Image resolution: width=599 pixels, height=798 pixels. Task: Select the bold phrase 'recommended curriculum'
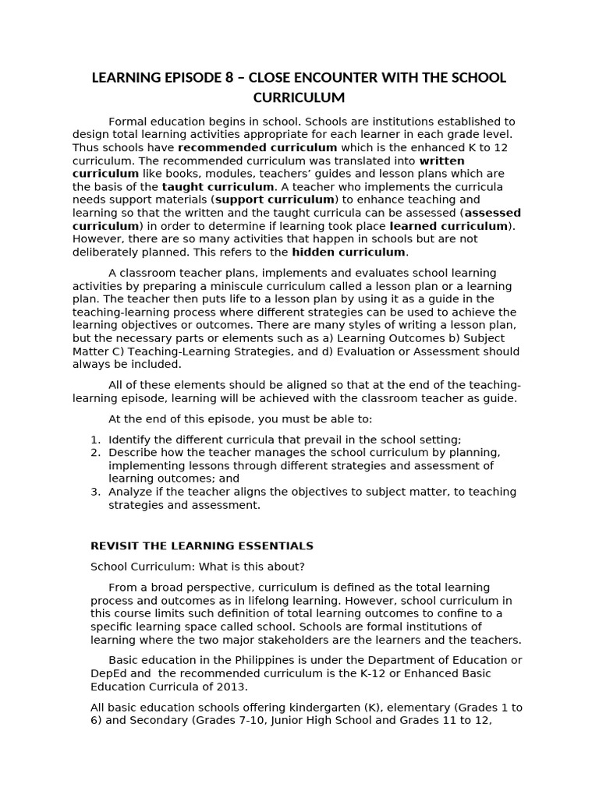pyautogui.click(x=257, y=147)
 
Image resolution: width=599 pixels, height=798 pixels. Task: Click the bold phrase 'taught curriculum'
pyautogui.click(x=218, y=187)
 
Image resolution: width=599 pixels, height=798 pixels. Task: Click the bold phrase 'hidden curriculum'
pyautogui.click(x=349, y=252)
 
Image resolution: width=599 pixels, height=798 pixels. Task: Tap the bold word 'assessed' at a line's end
pyautogui.click(x=493, y=213)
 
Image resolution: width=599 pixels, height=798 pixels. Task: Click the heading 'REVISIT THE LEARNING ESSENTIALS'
pyautogui.click(x=202, y=546)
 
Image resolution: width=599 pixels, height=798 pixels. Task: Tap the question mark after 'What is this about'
pyautogui.click(x=302, y=567)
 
